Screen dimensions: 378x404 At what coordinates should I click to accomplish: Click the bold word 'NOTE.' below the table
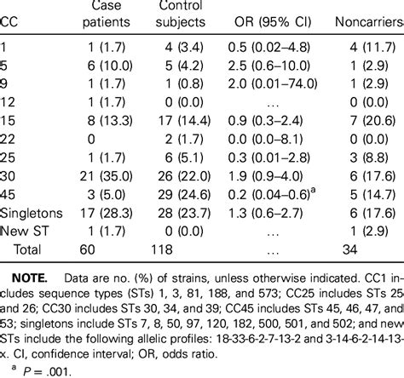(x=38, y=281)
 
